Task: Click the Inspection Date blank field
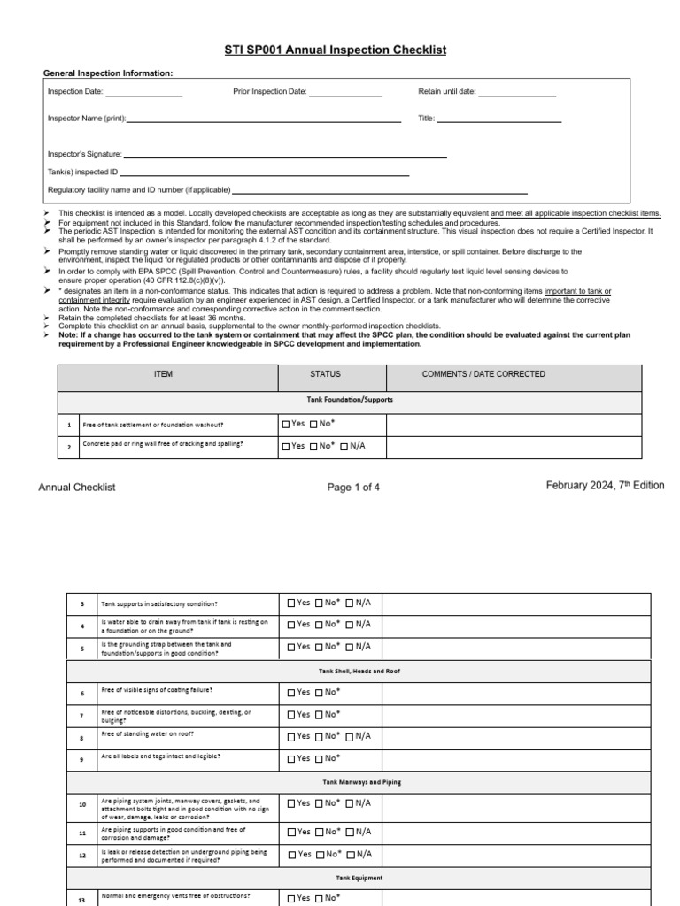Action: pos(144,92)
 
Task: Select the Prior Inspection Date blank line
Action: pos(345,92)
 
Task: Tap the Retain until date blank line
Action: pos(517,92)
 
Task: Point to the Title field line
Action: pos(499,119)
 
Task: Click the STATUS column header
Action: pos(325,374)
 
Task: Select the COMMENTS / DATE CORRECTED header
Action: pos(483,374)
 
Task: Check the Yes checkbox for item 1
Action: pos(286,425)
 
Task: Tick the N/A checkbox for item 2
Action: pos(344,447)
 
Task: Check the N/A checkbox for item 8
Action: pos(350,736)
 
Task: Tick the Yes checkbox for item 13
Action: pos(291,898)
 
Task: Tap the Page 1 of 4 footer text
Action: pos(352,487)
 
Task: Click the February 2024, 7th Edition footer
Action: pos(605,486)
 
